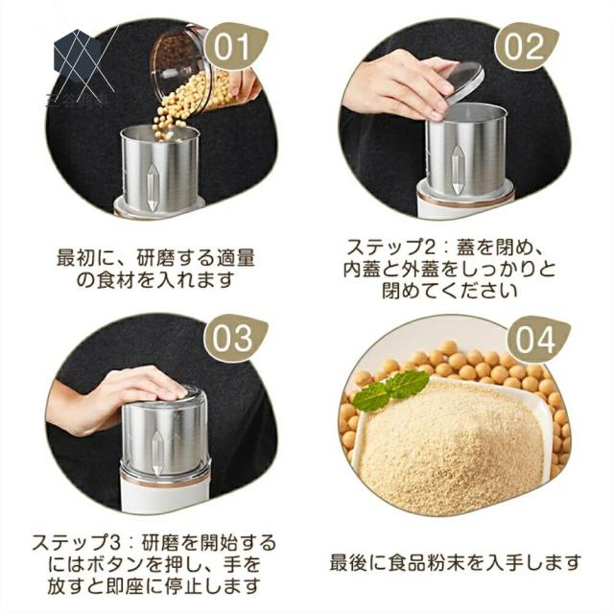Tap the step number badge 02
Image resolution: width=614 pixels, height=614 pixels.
coord(526,44)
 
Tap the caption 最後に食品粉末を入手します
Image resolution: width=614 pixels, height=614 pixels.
coord(455,561)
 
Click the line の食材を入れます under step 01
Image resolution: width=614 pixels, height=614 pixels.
coord(154,279)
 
